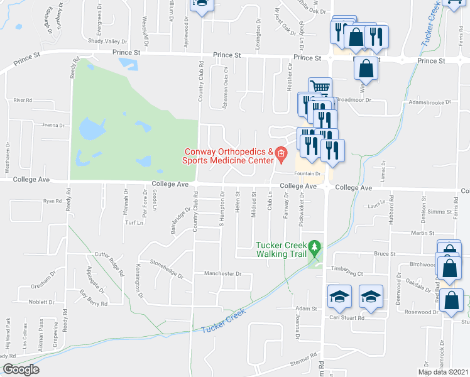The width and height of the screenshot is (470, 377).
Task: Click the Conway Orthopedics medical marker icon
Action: click(x=281, y=153)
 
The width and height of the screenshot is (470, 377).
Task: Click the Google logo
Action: click(x=21, y=369)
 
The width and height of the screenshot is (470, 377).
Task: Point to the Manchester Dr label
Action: click(x=222, y=273)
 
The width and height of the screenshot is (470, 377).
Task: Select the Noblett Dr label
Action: click(x=42, y=302)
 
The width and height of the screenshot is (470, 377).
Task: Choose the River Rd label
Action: click(x=23, y=101)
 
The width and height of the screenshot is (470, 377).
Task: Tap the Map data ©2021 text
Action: click(x=444, y=372)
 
